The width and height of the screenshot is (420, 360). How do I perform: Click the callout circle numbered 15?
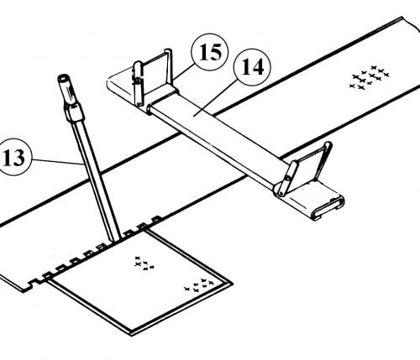(210, 52)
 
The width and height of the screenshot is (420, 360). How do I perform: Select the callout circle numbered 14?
(252, 67)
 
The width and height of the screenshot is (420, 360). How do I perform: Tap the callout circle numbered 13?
(14, 157)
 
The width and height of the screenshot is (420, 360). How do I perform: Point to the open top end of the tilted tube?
(63, 77)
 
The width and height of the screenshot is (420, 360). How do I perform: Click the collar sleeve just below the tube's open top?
(75, 112)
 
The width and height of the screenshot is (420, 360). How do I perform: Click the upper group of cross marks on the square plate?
(144, 263)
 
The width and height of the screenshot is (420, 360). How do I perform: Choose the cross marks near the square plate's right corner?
(199, 285)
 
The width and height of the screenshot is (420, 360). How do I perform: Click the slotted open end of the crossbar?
(329, 208)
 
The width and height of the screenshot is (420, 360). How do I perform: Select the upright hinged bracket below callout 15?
(153, 77)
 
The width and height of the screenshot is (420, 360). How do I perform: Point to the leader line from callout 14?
(217, 97)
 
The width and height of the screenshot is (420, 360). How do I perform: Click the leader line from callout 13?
(57, 161)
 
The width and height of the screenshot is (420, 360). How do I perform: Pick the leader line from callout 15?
(184, 71)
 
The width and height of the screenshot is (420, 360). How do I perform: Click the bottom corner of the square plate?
(131, 335)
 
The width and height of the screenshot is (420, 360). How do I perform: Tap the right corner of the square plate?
(232, 284)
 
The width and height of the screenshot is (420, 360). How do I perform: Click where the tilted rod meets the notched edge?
(116, 241)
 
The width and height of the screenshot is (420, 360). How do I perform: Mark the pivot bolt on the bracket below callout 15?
(138, 81)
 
